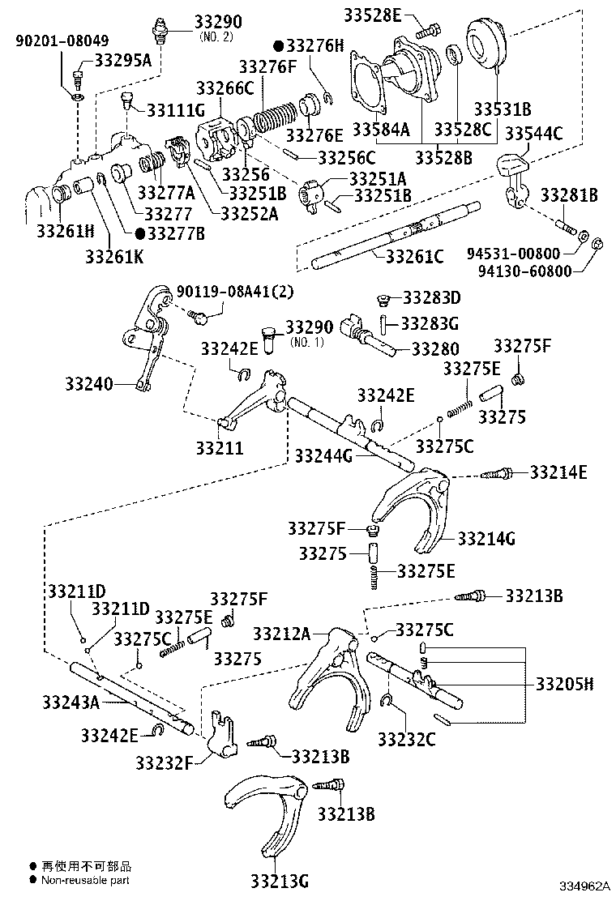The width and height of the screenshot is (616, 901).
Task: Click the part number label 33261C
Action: [414, 257]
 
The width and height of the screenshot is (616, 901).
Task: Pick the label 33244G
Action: [323, 456]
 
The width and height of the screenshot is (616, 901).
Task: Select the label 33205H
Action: [564, 684]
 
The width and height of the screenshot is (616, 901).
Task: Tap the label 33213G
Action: [279, 880]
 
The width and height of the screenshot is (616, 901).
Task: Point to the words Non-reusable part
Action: [85, 880]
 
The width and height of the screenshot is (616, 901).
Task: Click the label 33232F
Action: [165, 762]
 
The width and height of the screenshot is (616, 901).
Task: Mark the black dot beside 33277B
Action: [140, 233]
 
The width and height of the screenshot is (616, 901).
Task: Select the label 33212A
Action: [281, 632]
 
